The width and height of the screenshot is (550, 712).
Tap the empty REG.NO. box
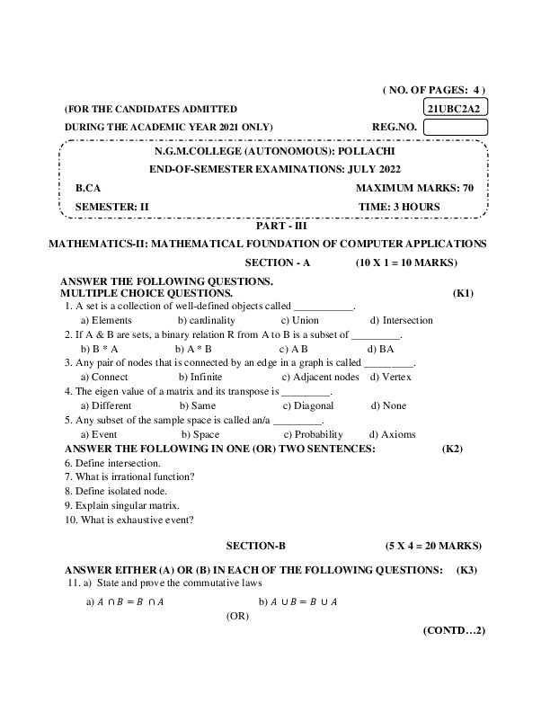[455, 127]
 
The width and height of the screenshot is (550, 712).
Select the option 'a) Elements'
[106, 320]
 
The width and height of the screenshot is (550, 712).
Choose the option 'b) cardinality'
[206, 320]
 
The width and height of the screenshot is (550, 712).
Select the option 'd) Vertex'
[390, 377]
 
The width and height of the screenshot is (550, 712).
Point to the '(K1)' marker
[463, 293]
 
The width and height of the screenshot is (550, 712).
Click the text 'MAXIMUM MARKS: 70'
[414, 189]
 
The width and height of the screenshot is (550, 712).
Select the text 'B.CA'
[88, 189]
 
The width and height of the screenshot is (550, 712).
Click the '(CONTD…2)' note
[454, 630]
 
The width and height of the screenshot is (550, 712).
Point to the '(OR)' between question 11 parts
[237, 617]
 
